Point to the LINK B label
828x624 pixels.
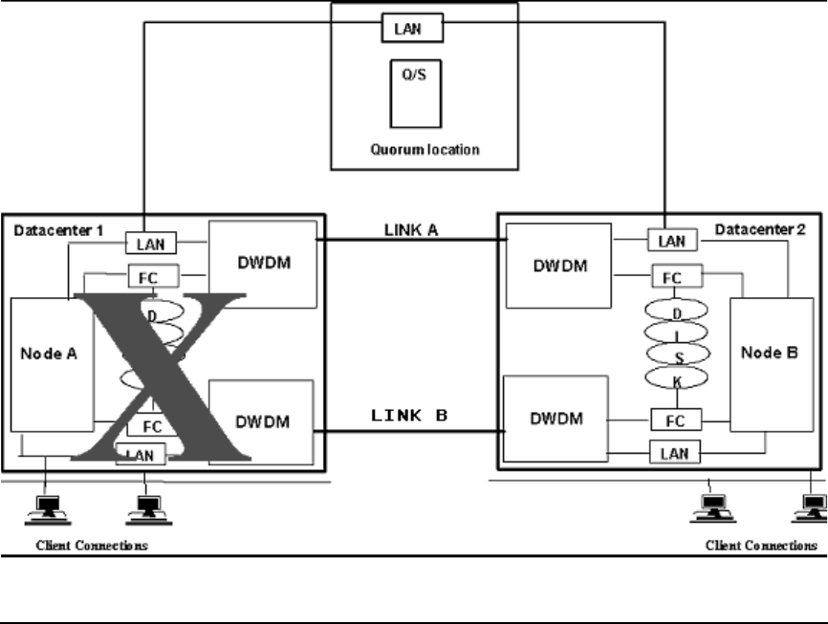click(409, 417)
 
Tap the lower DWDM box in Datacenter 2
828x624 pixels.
click(556, 419)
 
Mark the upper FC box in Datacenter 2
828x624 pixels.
click(677, 277)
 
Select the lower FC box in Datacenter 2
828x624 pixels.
click(677, 420)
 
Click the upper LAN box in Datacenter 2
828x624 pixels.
click(672, 241)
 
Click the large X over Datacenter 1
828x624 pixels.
click(163, 378)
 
